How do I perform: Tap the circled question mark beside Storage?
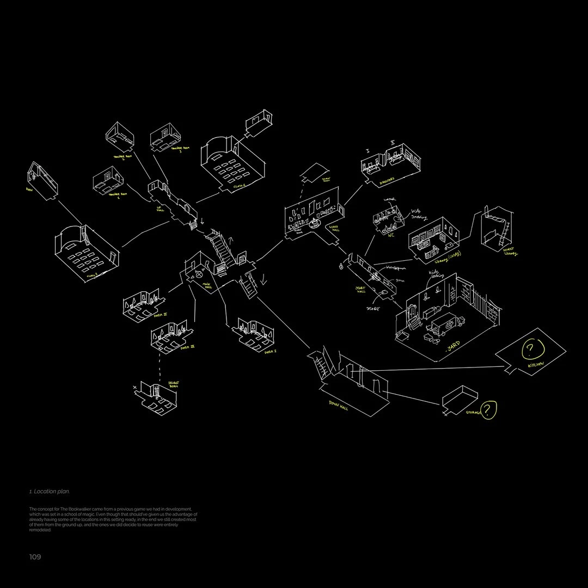[x=489, y=409]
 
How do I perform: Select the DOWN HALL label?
[x=338, y=405]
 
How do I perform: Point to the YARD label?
[x=454, y=346]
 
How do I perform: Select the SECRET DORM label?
[x=174, y=386]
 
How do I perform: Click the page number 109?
[x=35, y=557]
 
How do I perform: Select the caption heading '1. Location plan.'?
[x=50, y=492]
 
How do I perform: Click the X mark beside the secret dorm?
[x=134, y=387]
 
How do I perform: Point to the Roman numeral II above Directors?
[x=392, y=143]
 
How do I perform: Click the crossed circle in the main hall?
[x=199, y=275]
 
